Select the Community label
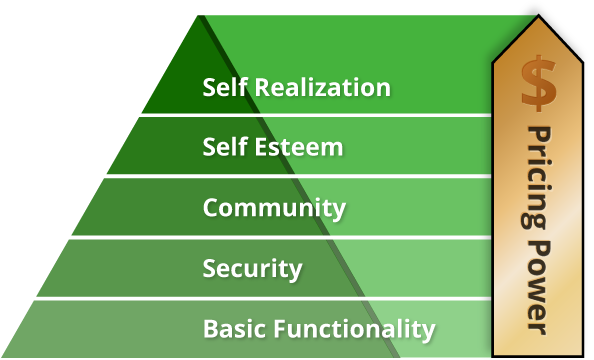[274, 208]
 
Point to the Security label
[252, 268]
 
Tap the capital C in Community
[211, 208]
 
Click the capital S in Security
[209, 268]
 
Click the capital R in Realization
[261, 87]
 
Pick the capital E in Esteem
[263, 148]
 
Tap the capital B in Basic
[209, 328]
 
